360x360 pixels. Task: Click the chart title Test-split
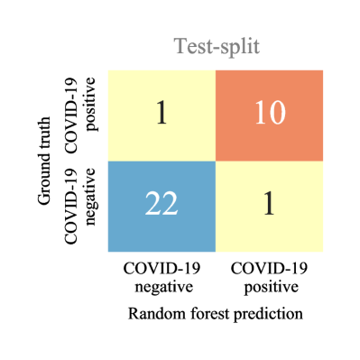pos(217,47)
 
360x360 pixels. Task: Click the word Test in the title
pos(190,47)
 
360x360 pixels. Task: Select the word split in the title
pos(239,47)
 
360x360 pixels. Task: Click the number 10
pos(269,114)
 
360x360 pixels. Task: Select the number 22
pos(162,205)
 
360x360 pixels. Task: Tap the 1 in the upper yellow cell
pos(162,114)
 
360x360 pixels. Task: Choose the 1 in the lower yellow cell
pos(269,205)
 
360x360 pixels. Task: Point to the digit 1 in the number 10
pos(260,114)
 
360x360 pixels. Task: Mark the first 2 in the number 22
pos(153,205)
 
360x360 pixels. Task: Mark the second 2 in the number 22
pos(170,205)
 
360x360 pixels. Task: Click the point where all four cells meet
pos(216,161)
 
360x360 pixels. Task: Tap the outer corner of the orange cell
pos(322,70)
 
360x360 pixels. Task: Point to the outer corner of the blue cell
pos(108,252)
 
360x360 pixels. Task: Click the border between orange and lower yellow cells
pos(269,161)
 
